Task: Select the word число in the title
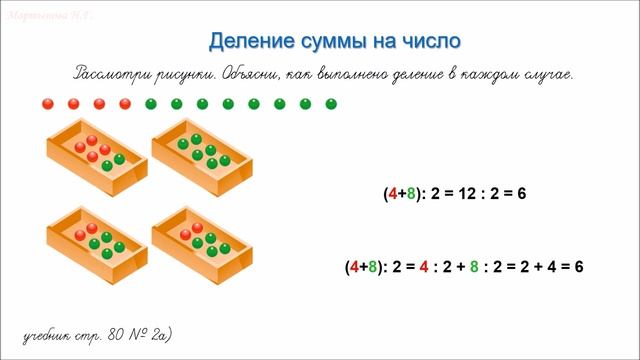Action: tap(432, 42)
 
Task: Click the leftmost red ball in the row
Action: tap(47, 103)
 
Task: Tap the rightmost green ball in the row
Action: tap(332, 103)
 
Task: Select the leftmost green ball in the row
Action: tap(150, 103)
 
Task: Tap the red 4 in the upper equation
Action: tap(391, 195)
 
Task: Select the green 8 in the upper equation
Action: tap(410, 195)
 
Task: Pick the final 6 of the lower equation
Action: tap(578, 267)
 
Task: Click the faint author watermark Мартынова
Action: tap(35, 15)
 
